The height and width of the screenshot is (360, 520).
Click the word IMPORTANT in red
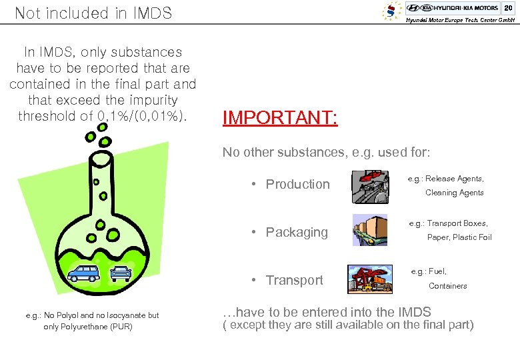(280, 118)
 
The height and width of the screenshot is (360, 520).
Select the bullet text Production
(297, 184)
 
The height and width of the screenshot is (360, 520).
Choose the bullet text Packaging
(297, 232)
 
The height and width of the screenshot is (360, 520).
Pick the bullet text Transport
(294, 280)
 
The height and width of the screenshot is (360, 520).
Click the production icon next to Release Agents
(371, 186)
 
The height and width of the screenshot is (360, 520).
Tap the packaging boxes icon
(369, 230)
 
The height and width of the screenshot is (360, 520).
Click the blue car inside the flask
(84, 273)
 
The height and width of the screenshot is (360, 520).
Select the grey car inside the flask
(121, 273)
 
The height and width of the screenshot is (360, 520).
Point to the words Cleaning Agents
(455, 193)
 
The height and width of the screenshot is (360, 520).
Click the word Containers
(447, 286)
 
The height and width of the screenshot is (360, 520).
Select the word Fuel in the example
(437, 271)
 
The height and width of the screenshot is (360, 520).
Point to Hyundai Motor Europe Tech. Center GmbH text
(461, 21)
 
